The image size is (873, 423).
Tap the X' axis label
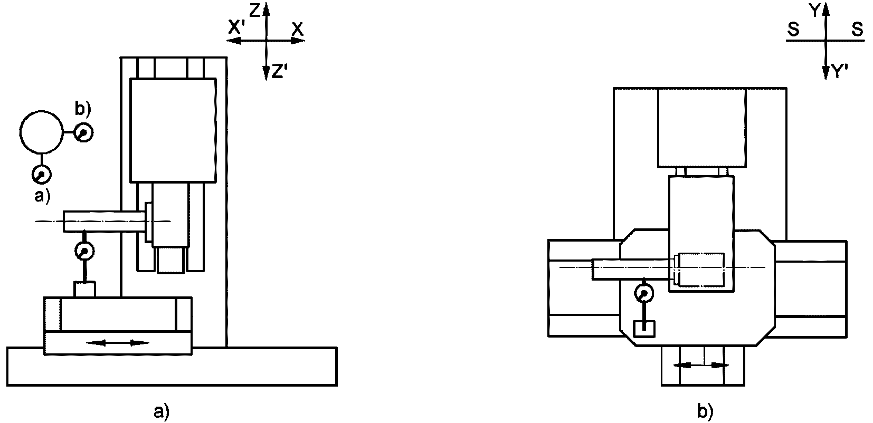click(x=236, y=28)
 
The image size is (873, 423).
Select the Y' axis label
click(x=840, y=72)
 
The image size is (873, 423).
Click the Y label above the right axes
click(x=815, y=11)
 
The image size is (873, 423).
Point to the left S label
click(x=793, y=30)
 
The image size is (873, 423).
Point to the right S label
click(x=857, y=30)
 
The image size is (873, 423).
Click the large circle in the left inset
click(x=41, y=132)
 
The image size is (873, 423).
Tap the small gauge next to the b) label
click(x=83, y=132)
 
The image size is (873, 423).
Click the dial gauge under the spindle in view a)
click(x=84, y=251)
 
